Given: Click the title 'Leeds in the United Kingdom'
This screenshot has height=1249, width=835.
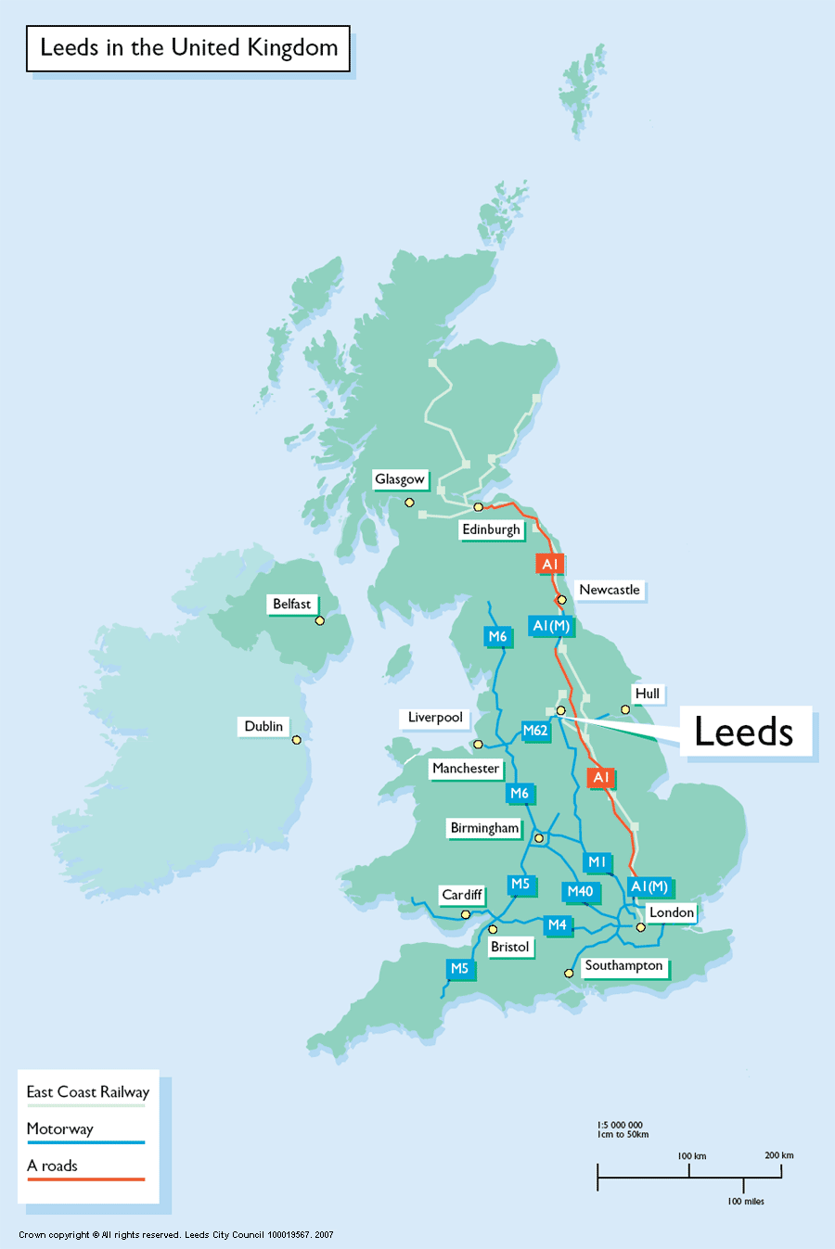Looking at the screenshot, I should pos(188,48).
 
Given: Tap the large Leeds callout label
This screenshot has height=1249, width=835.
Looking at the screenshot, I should pos(744,732).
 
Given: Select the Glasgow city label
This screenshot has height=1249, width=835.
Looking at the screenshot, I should pos(400,479).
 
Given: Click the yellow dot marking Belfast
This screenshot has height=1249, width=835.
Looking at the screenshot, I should pos(320,620).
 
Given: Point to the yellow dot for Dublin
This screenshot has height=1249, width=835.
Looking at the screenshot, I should pos(297,740).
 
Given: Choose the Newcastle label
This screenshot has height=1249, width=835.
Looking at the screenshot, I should pos(609,590).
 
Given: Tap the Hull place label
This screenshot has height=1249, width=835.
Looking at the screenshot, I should pos(647,694).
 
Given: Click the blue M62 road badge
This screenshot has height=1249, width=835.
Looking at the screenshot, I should pos(535,731).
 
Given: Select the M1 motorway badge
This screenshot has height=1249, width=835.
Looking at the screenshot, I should pos(597,862).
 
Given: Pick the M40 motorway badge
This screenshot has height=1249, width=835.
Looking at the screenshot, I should pos(580,891).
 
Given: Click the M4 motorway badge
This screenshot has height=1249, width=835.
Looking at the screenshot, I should pos(557,924).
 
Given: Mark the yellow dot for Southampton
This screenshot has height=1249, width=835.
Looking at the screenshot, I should pos(569,973).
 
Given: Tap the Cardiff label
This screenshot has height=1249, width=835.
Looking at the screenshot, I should pos(461,895).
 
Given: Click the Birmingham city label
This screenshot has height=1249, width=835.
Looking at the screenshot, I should pos(484,828).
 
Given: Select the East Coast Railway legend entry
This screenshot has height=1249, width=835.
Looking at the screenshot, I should pos(87,1092).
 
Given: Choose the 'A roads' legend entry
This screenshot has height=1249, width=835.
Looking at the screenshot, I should pos(53,1166).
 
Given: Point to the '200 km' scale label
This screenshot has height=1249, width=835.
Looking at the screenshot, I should pos(778,1155).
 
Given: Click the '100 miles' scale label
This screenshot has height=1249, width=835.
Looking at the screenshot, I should pos(746,1202).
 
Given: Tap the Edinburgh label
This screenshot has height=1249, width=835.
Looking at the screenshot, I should pos(491,529).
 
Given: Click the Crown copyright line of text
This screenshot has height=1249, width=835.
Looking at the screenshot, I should pos(176,1235).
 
